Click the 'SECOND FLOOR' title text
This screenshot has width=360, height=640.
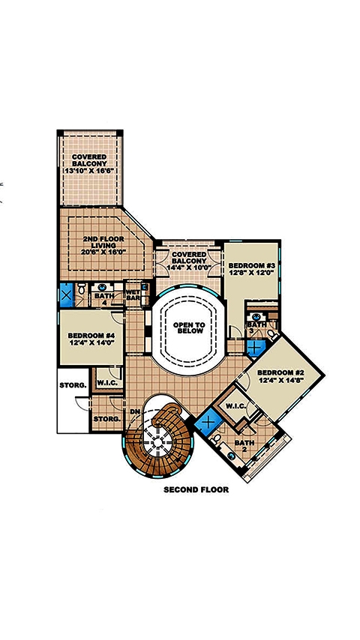(x=196, y=491)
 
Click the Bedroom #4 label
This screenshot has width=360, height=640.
(x=90, y=339)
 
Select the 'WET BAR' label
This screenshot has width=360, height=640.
(x=133, y=296)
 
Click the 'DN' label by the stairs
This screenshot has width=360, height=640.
(x=135, y=411)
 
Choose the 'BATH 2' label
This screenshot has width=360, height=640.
(x=244, y=447)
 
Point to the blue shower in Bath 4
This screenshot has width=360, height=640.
(x=67, y=293)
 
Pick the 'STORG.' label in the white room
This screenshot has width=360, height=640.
(x=73, y=385)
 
